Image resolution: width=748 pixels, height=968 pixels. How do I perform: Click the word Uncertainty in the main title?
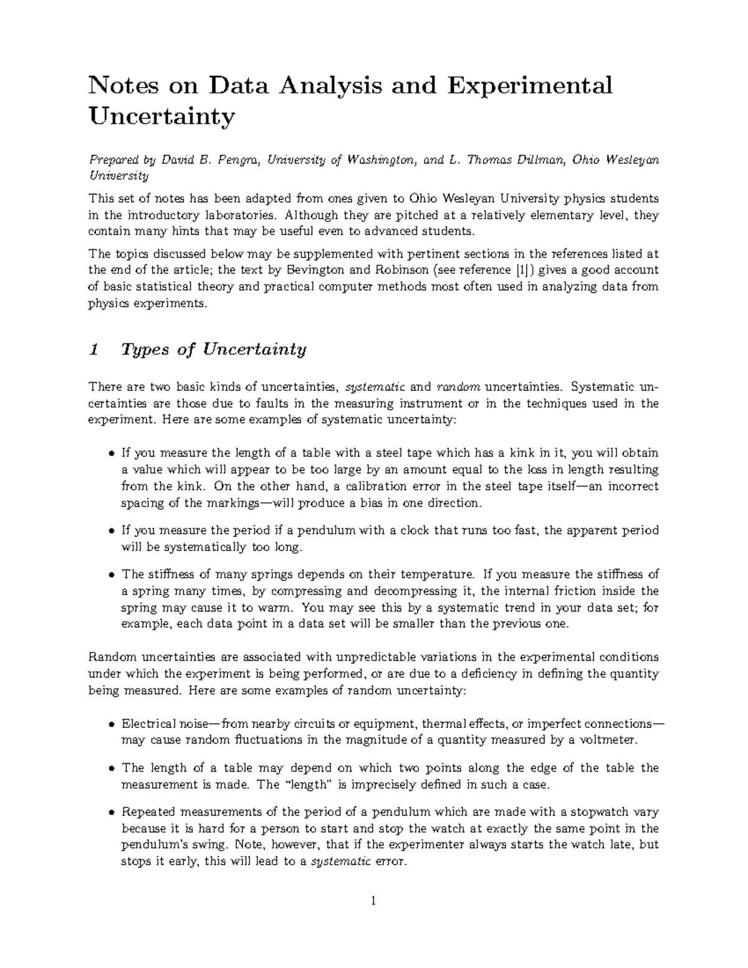(x=162, y=116)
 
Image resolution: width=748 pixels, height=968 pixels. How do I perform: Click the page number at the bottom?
(x=373, y=900)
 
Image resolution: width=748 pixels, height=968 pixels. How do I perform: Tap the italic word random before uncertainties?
(x=458, y=387)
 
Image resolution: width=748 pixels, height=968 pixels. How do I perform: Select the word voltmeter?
(x=611, y=740)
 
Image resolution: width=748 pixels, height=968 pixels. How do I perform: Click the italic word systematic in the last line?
(x=340, y=863)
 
